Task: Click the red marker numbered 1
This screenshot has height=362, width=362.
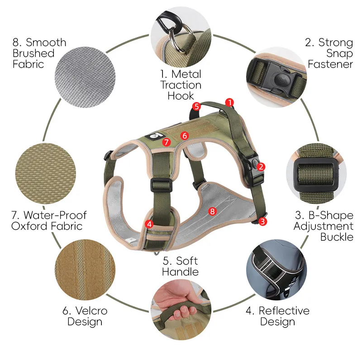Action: coord(229,103)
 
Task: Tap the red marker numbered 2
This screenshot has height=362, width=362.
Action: coord(261,167)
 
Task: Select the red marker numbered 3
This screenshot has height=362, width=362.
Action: coord(262,222)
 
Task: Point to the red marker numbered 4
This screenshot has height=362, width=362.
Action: coord(149,224)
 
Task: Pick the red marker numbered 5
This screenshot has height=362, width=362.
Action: coord(196,106)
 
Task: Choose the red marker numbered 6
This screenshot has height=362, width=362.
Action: coord(185,135)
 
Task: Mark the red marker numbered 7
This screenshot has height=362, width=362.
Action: coord(166,142)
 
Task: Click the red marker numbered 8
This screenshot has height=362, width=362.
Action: coord(212,211)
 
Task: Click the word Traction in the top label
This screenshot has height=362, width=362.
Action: coord(181,85)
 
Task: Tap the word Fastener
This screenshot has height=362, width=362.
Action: coord(330,64)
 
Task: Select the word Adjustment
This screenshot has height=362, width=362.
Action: coord(323,226)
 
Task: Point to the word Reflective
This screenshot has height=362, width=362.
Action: coord(284,310)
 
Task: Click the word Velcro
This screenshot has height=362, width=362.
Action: coord(91,311)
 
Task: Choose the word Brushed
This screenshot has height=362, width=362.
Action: coord(33,53)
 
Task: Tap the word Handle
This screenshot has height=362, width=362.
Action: coord(180,272)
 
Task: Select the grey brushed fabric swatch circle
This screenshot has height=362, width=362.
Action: coord(85,77)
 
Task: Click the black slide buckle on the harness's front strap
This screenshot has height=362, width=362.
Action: coord(162,185)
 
